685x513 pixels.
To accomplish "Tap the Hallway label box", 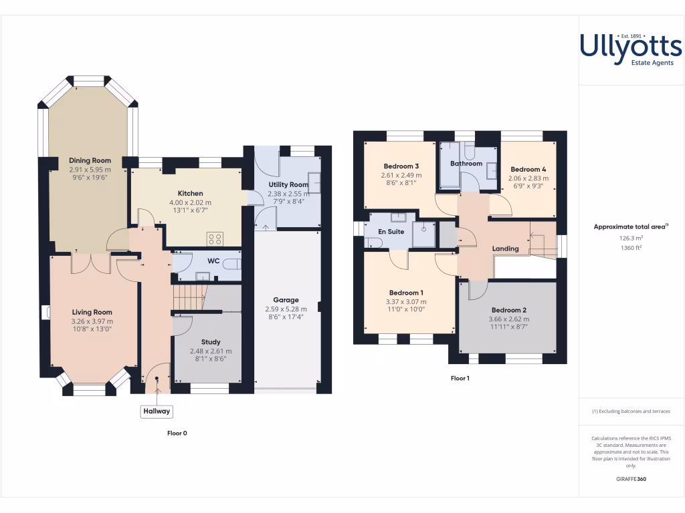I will point(156,411).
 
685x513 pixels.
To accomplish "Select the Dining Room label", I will point(90,161).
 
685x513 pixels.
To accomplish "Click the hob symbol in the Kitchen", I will point(215,238).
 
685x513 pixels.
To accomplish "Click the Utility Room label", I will point(288,184).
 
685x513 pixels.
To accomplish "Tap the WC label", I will point(214,261).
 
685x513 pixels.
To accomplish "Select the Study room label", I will point(211,342).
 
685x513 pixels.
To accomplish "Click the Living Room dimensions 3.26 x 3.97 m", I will point(92,321).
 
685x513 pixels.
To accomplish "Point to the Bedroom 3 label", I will point(401,166).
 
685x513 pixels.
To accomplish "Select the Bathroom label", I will point(466,164).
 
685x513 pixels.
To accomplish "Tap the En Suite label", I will point(391,232).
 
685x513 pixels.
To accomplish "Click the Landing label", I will point(506,249).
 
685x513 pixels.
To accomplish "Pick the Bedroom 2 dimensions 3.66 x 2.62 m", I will point(510,319).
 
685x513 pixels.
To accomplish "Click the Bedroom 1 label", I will point(406,293).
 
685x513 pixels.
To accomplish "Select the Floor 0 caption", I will point(177,434).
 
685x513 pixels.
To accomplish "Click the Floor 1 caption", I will point(460,378).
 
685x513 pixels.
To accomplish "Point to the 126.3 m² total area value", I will point(631,237).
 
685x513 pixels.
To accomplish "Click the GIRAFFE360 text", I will point(631,479).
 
